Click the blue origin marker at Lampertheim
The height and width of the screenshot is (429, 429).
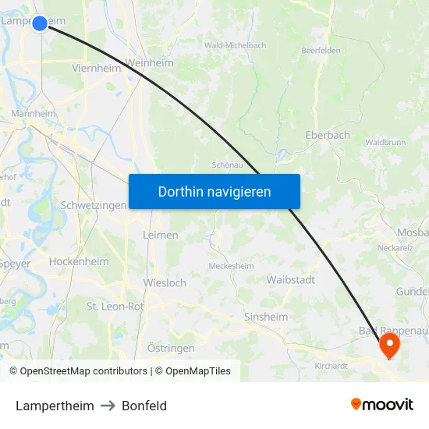pyautogui.click(x=40, y=23)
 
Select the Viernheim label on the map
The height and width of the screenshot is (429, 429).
pyautogui.click(x=96, y=68)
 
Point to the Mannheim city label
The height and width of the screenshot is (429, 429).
pyautogui.click(x=34, y=113)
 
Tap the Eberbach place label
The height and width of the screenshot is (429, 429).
pyautogui.click(x=327, y=135)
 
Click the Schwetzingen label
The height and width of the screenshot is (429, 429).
pyautogui.click(x=93, y=205)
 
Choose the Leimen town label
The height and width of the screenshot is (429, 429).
pyautogui.click(x=161, y=235)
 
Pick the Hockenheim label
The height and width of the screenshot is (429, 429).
pyautogui.click(x=79, y=262)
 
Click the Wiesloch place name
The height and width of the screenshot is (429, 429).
pyautogui.click(x=165, y=283)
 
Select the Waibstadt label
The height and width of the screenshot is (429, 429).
pyautogui.click(x=290, y=279)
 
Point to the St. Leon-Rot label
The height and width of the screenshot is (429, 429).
pyautogui.click(x=115, y=307)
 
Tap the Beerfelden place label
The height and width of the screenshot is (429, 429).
pyautogui.click(x=321, y=51)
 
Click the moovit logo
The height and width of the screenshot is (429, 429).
pyautogui.click(x=382, y=405)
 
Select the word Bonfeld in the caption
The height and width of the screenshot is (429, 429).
pyautogui.click(x=144, y=406)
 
